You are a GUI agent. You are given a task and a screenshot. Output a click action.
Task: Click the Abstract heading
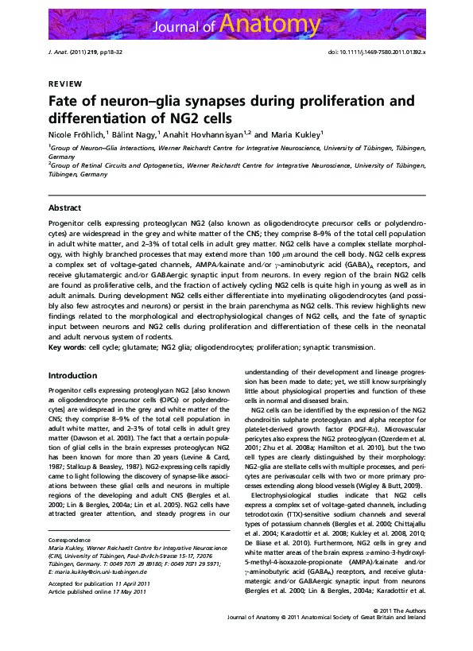click(65, 207)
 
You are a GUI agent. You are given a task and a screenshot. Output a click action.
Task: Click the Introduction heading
click(73, 375)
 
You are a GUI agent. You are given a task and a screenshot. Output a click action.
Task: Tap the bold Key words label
click(69, 348)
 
